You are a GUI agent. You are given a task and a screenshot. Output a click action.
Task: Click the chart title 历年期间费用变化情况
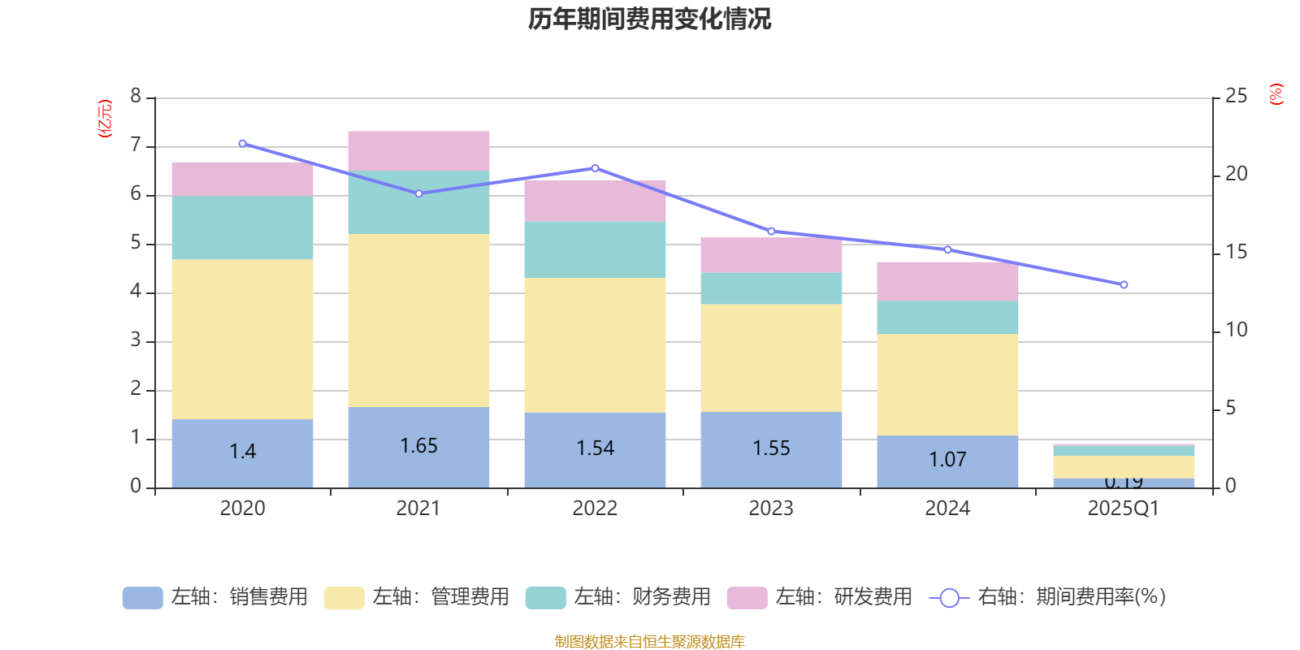pos(649,19)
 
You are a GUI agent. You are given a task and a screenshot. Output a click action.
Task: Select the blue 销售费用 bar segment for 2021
pos(418,447)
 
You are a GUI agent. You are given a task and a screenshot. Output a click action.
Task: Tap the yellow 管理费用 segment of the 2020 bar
pos(242,339)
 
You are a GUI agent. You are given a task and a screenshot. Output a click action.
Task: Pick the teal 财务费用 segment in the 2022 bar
pos(595,249)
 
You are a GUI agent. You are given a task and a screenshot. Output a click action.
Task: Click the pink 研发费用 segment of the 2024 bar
pos(947,281)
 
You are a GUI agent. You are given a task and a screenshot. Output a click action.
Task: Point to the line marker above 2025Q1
pos(1124,285)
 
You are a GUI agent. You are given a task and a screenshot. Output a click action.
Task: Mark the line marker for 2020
pos(242,143)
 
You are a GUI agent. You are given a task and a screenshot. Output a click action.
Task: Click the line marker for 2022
pos(595,168)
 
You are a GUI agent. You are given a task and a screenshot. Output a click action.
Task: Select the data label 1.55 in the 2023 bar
pos(771,448)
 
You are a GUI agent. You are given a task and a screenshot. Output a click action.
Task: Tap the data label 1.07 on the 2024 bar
pos(947,460)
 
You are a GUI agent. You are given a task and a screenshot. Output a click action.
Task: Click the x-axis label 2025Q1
pos(1123,509)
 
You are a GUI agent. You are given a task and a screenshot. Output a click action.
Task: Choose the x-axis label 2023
pos(771,509)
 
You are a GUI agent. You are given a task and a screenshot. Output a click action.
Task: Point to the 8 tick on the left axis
pos(136,97)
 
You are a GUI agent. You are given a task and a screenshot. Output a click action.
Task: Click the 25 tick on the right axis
pos(1236,97)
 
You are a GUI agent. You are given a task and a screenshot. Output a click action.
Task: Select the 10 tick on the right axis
pos(1236,330)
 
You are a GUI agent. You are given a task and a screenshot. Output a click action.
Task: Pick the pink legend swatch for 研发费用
pos(747,598)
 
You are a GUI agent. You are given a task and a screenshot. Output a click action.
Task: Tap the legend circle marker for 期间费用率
pos(949,598)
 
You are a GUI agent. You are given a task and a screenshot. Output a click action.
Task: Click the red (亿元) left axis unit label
pos(105,119)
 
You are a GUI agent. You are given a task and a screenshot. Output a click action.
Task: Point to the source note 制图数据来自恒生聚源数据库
pos(649,642)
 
